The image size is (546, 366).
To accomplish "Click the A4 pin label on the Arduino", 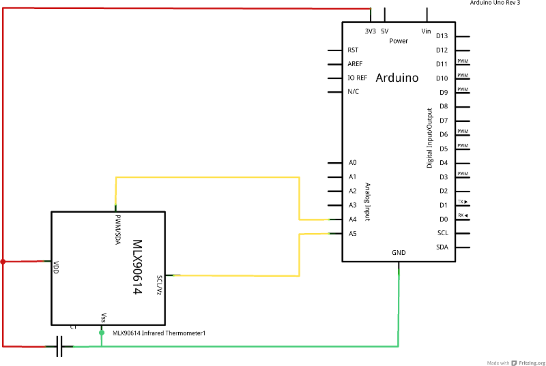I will point(352,219).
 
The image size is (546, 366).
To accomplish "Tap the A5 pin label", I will point(352,234).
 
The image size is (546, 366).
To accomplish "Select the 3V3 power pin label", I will point(370,31).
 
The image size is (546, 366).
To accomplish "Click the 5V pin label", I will point(385,31).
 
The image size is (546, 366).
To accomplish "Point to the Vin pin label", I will point(427,31).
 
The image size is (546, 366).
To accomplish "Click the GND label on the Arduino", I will point(399,252).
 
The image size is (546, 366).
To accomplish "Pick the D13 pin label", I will point(442,36).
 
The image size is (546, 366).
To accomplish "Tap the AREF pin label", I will point(355,64).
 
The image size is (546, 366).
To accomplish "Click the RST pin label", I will point(353,50).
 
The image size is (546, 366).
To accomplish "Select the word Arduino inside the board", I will point(397,78).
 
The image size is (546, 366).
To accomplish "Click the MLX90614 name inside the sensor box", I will point(136,266).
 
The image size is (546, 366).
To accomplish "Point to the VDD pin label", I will point(56,266).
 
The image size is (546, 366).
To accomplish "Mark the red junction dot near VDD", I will point(3,261).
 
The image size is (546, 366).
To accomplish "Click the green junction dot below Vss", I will point(101,333).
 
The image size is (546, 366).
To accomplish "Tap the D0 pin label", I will point(442,219).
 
